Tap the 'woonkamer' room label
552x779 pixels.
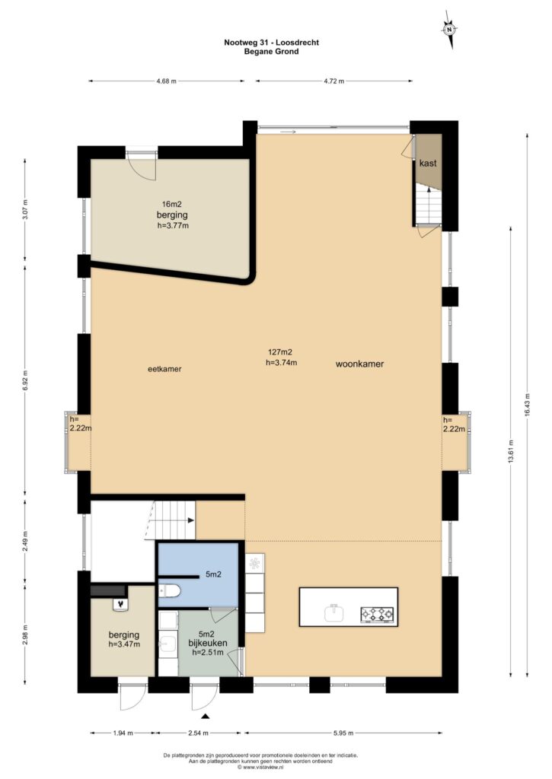(359, 364)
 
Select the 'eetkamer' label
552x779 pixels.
(164, 369)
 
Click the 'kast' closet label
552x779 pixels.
(428, 163)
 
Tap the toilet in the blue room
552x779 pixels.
(168, 590)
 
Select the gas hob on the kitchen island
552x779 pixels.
(377, 615)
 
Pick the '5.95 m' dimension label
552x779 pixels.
(343, 733)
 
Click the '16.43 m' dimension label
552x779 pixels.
(527, 407)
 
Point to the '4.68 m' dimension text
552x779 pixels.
(166, 81)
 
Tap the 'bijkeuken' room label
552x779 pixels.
(207, 643)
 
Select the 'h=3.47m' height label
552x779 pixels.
(124, 644)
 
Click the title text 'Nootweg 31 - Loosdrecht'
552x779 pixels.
(272, 43)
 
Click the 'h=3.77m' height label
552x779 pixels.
(173, 225)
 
